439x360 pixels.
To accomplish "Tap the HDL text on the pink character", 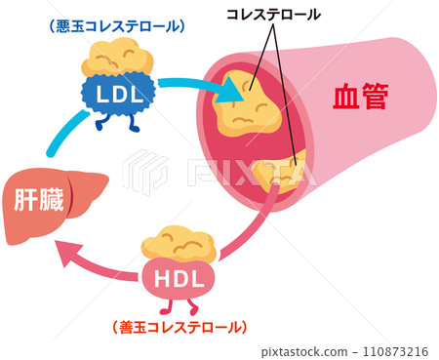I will point(180,278).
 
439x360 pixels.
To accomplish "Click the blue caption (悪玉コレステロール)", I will point(115,23).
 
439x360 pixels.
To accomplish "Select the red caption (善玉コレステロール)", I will point(181,327).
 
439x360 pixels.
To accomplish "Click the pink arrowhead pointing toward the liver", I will point(69,253).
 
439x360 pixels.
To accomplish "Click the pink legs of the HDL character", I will point(180,304).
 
